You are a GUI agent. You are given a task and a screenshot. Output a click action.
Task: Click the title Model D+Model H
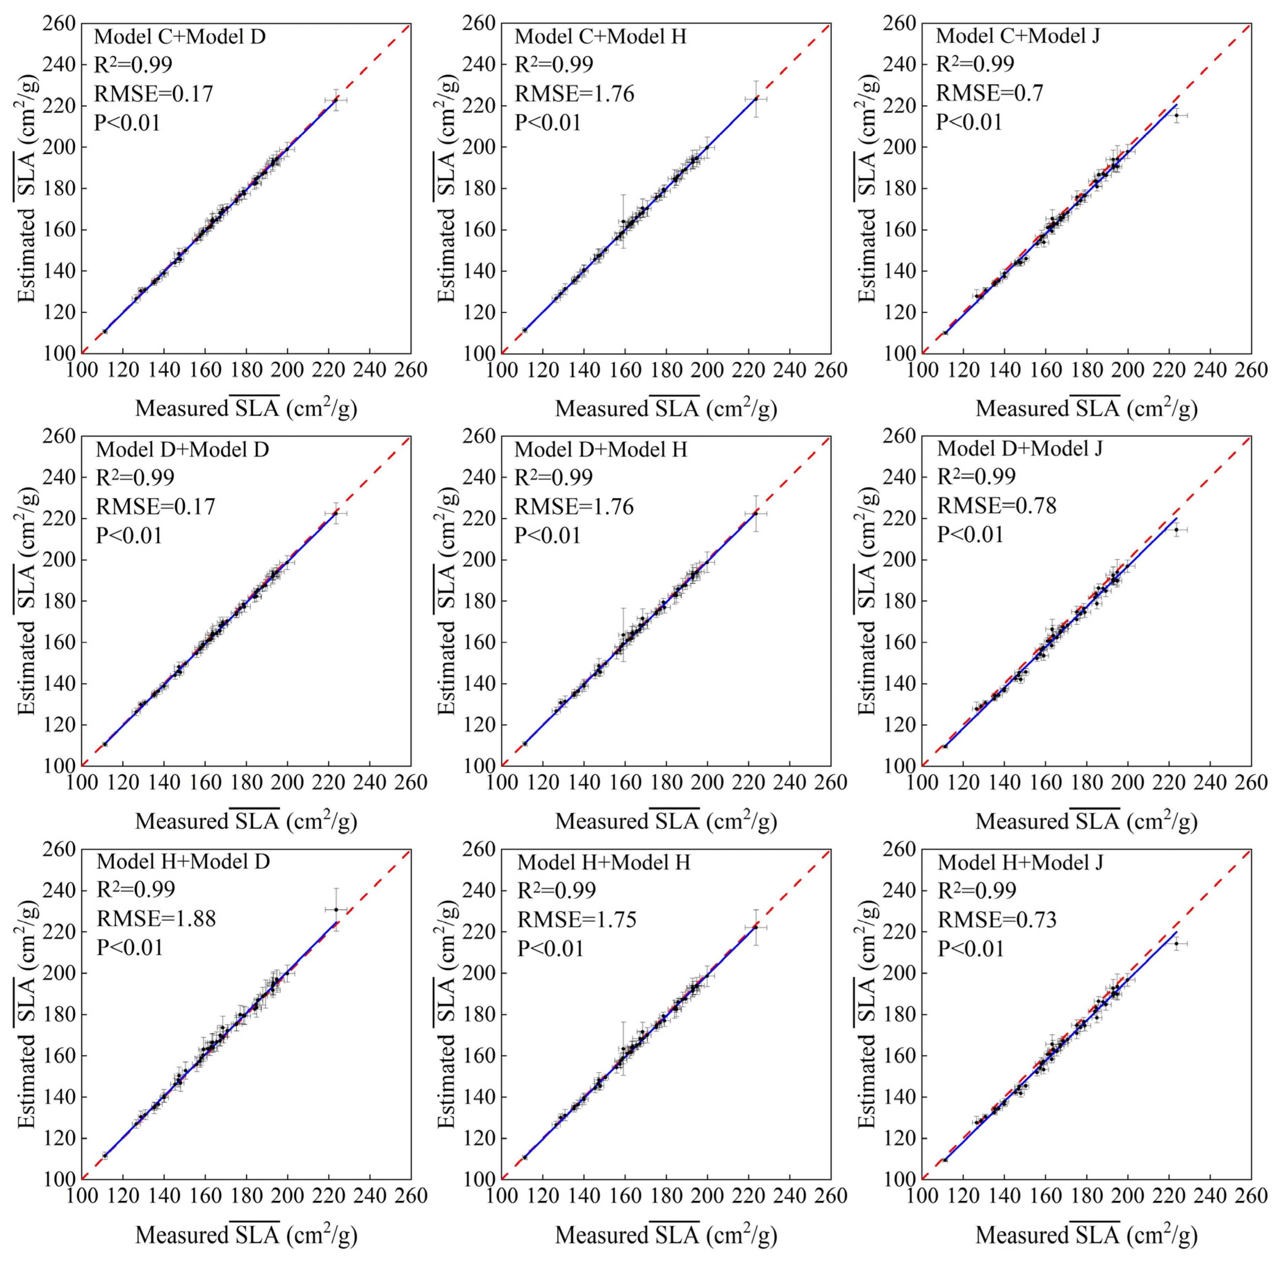pyautogui.click(x=601, y=450)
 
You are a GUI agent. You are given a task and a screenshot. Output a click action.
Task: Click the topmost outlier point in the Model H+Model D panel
pyautogui.click(x=336, y=909)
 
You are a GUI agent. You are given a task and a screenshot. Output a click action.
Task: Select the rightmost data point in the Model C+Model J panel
pyautogui.click(x=1176, y=116)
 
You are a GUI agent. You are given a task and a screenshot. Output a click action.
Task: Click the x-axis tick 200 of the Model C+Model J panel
pyautogui.click(x=1128, y=370)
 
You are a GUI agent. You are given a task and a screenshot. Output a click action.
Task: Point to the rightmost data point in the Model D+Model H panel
pyautogui.click(x=756, y=513)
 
